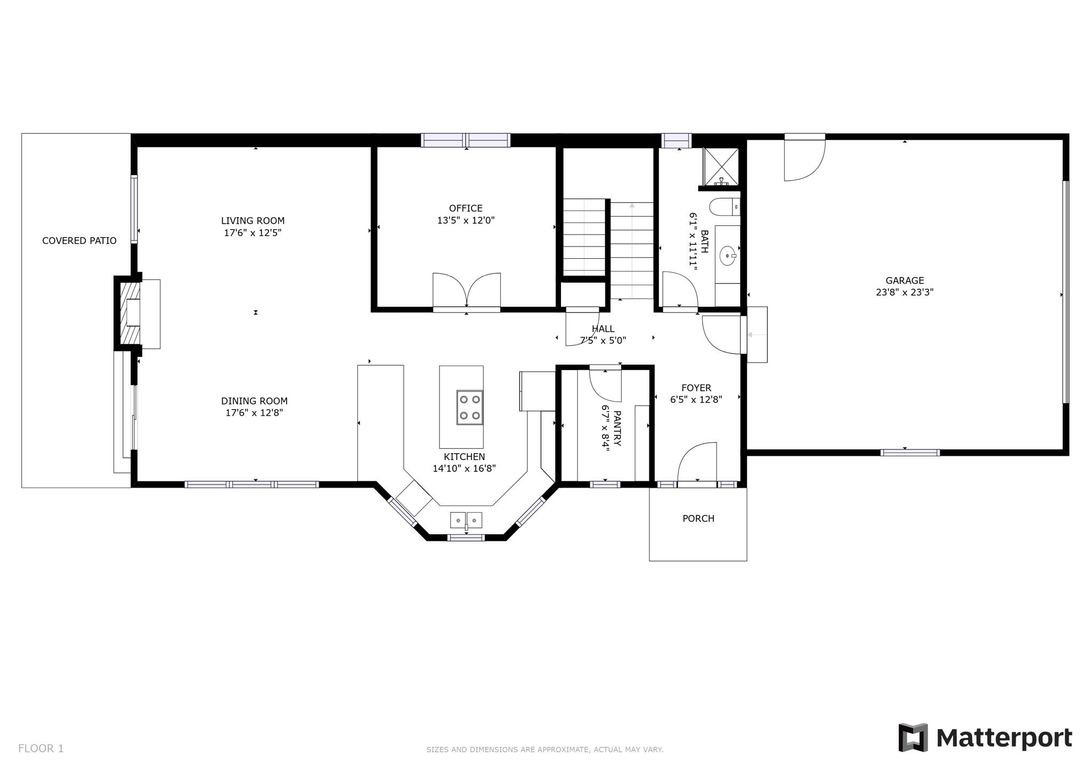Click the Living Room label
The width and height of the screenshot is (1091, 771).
coord(253,220)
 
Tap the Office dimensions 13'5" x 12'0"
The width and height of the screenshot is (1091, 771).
coord(466,220)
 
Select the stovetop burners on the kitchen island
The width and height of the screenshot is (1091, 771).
coord(469,407)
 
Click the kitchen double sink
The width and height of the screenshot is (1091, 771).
coord(466,520)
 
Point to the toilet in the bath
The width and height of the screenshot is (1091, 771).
coord(724,207)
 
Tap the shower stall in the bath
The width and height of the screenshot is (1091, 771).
coord(721,167)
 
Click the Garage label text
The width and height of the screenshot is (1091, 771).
coord(904,280)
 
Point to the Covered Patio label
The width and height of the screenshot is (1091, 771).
coord(79,241)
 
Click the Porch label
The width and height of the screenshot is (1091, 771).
coord(698,519)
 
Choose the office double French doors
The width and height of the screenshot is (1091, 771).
coord(466,291)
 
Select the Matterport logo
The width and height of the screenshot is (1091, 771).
coord(985,738)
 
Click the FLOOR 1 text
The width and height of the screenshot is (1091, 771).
coord(40,749)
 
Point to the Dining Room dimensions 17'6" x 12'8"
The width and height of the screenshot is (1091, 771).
coord(254,413)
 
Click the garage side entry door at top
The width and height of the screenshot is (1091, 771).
coord(804,158)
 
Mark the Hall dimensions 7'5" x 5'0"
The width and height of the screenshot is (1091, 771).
coord(603,340)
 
